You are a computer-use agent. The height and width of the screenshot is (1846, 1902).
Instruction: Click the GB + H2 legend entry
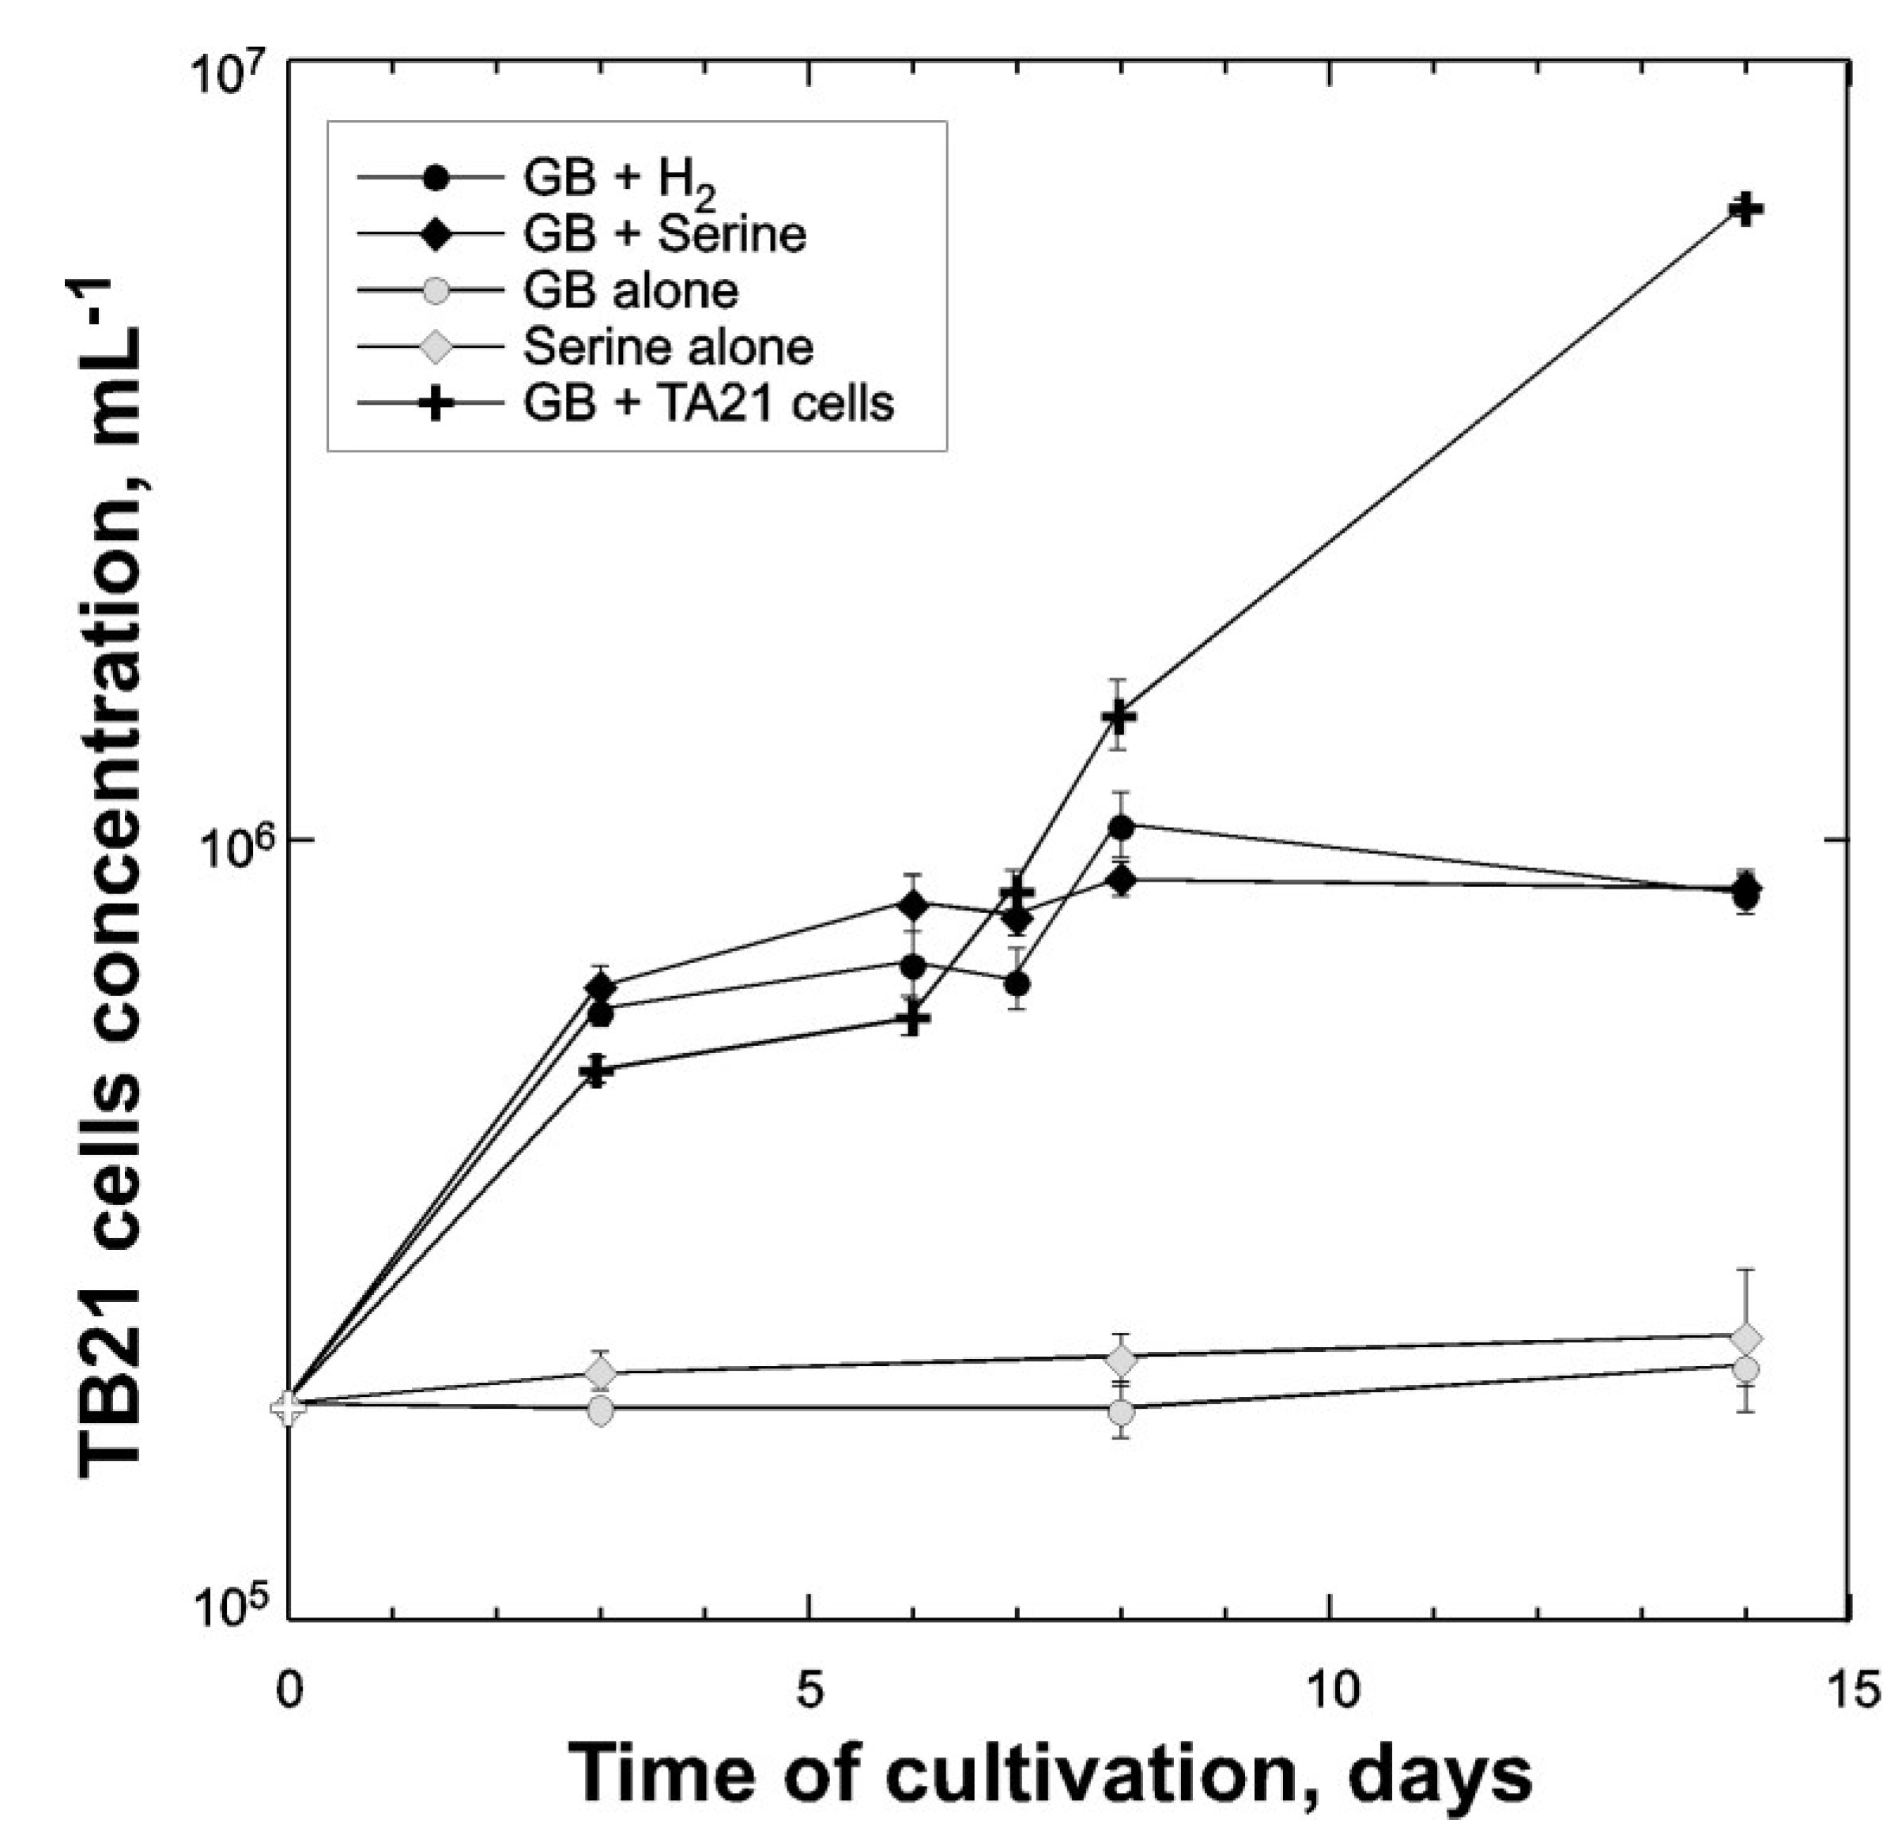point(621,178)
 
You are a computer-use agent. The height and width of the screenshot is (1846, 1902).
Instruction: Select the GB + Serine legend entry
point(664,234)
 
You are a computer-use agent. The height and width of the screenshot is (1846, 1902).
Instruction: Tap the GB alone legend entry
point(630,290)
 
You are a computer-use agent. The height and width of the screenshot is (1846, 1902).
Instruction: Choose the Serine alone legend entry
point(668,346)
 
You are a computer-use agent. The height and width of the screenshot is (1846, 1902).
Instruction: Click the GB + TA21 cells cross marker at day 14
point(1745,209)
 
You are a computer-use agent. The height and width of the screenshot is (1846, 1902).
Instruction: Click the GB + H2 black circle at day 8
point(1122,827)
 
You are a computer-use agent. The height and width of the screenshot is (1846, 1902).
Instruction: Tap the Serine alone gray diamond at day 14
point(1745,1339)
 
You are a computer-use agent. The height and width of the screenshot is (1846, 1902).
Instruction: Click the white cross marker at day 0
point(289,1406)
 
